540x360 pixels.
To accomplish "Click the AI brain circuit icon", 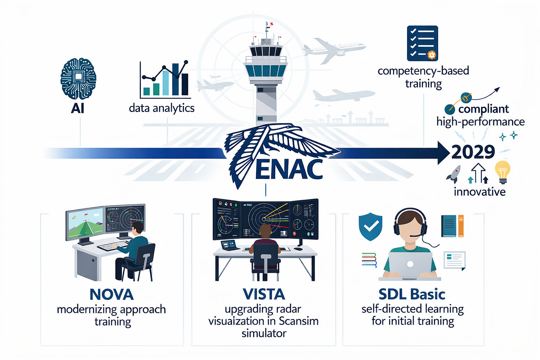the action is (78, 79).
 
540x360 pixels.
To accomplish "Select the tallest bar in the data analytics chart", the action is (175, 79).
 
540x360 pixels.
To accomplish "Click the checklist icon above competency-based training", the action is (422, 43).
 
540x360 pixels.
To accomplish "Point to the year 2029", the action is (473, 152).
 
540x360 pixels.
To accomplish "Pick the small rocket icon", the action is (454, 174).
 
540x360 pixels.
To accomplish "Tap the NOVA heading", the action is (111, 294).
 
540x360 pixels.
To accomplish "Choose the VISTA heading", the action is (264, 294).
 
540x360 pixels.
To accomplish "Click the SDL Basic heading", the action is (412, 294).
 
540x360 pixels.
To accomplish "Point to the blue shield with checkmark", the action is (371, 226).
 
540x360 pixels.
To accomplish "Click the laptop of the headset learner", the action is (410, 264).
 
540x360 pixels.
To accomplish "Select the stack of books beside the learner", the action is (369, 260).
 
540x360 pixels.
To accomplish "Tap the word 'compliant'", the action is (484, 109).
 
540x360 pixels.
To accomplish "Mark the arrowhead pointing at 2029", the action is (444, 153).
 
